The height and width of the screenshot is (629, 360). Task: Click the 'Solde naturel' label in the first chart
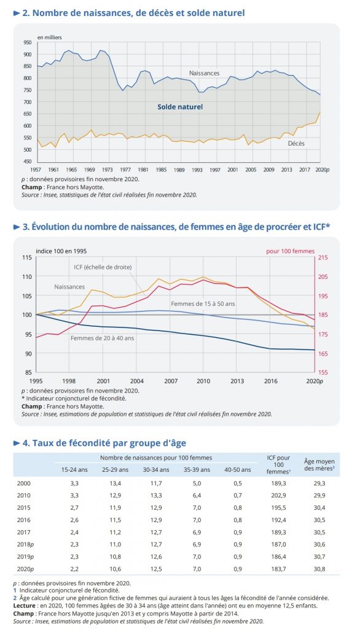pos(180,107)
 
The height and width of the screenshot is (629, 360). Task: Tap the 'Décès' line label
pos(296,143)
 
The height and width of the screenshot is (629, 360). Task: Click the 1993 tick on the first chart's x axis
pos(197,170)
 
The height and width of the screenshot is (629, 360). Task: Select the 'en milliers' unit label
pos(50,37)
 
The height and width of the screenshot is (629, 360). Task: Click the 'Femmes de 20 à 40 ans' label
pos(103,338)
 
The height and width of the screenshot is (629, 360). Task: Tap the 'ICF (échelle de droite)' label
pos(103,267)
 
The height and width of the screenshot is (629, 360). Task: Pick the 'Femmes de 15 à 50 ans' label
pos(203,303)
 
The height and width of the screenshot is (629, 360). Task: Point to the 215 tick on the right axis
pos(323,257)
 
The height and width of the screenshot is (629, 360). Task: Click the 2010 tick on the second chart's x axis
pos(203,381)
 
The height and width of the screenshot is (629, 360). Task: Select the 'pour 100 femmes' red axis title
pos(291,251)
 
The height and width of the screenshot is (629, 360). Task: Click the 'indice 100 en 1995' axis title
pos(61,251)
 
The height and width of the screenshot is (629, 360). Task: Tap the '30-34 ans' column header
pos(156,469)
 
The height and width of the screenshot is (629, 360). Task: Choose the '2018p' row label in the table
pos(25,544)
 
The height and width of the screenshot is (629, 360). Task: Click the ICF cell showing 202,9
pos(278,496)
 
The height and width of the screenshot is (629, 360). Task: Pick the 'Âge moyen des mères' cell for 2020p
pos(319,569)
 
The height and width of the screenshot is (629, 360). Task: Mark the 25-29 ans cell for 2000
pos(115,483)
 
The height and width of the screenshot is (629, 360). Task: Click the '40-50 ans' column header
pos(238,469)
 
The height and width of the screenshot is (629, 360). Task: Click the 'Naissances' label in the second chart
pos(69,287)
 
